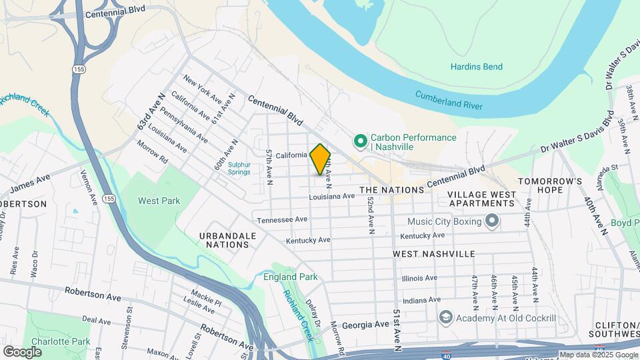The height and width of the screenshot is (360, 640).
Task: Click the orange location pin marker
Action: tap(320, 159)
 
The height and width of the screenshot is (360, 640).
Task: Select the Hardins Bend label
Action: tap(476, 67)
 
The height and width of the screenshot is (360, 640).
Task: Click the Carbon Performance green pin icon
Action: tap(361, 141)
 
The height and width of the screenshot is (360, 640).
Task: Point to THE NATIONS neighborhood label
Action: tap(392, 190)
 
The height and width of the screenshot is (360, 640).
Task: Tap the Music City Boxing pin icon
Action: tap(492, 221)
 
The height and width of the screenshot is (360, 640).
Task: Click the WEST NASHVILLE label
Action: tap(433, 254)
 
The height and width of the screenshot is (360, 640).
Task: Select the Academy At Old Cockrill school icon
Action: tap(445, 317)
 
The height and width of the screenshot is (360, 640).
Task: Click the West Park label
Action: tap(159, 201)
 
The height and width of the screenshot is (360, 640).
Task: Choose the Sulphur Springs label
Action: tap(239, 169)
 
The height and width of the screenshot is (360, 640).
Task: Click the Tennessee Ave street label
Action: tap(282, 219)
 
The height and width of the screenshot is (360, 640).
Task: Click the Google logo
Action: tap(22, 351)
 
